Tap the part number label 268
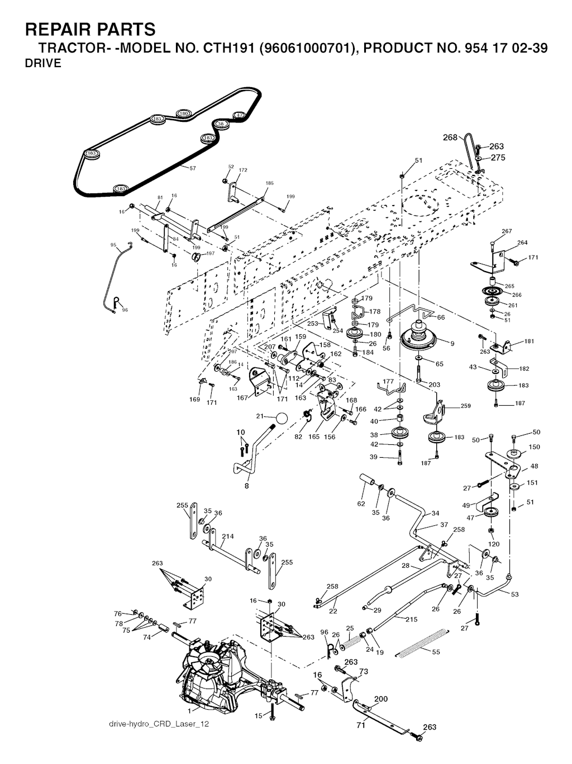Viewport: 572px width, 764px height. coord(450,137)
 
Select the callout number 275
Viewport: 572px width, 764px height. coord(498,158)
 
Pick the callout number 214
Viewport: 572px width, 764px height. coord(227,537)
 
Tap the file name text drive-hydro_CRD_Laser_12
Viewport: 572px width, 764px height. coord(159,724)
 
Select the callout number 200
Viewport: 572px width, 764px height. coord(380,699)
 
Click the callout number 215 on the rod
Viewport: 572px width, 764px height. coord(411,619)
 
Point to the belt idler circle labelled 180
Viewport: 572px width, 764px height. coord(183,113)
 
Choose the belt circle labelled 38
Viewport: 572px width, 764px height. coord(221,124)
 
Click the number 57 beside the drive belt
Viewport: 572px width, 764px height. coord(193,168)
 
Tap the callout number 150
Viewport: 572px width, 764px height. coord(534,447)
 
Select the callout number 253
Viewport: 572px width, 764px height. coord(313,324)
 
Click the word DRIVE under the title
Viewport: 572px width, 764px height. coord(43,63)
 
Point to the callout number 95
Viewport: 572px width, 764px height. coord(113,245)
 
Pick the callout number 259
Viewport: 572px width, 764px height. coord(465,406)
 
